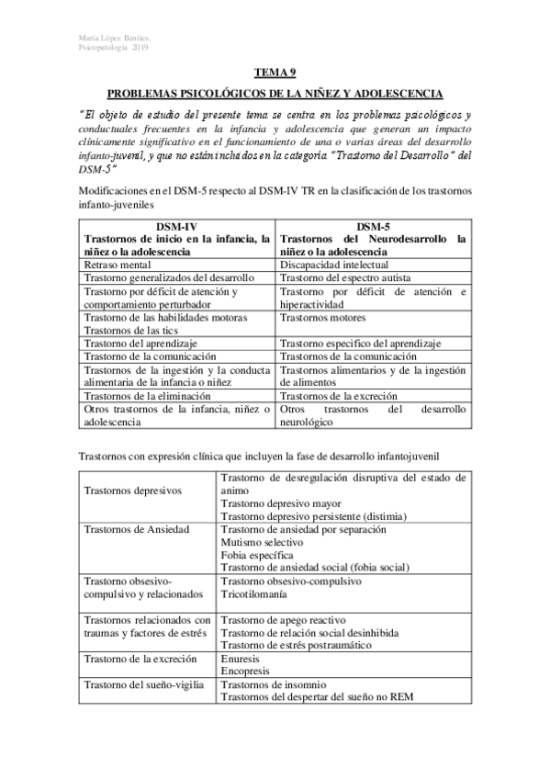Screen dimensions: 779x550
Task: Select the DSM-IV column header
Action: click(176, 226)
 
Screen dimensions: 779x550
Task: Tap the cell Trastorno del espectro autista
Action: click(351, 277)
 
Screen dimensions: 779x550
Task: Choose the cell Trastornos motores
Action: click(324, 317)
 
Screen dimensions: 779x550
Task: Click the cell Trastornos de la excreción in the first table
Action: click(344, 395)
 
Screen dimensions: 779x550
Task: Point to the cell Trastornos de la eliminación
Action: click(152, 395)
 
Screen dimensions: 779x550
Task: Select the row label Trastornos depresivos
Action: click(133, 491)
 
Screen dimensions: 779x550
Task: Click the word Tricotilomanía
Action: click(261, 594)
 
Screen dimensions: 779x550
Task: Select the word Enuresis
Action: click(241, 659)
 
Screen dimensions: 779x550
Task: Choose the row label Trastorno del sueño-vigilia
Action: click(143, 684)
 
